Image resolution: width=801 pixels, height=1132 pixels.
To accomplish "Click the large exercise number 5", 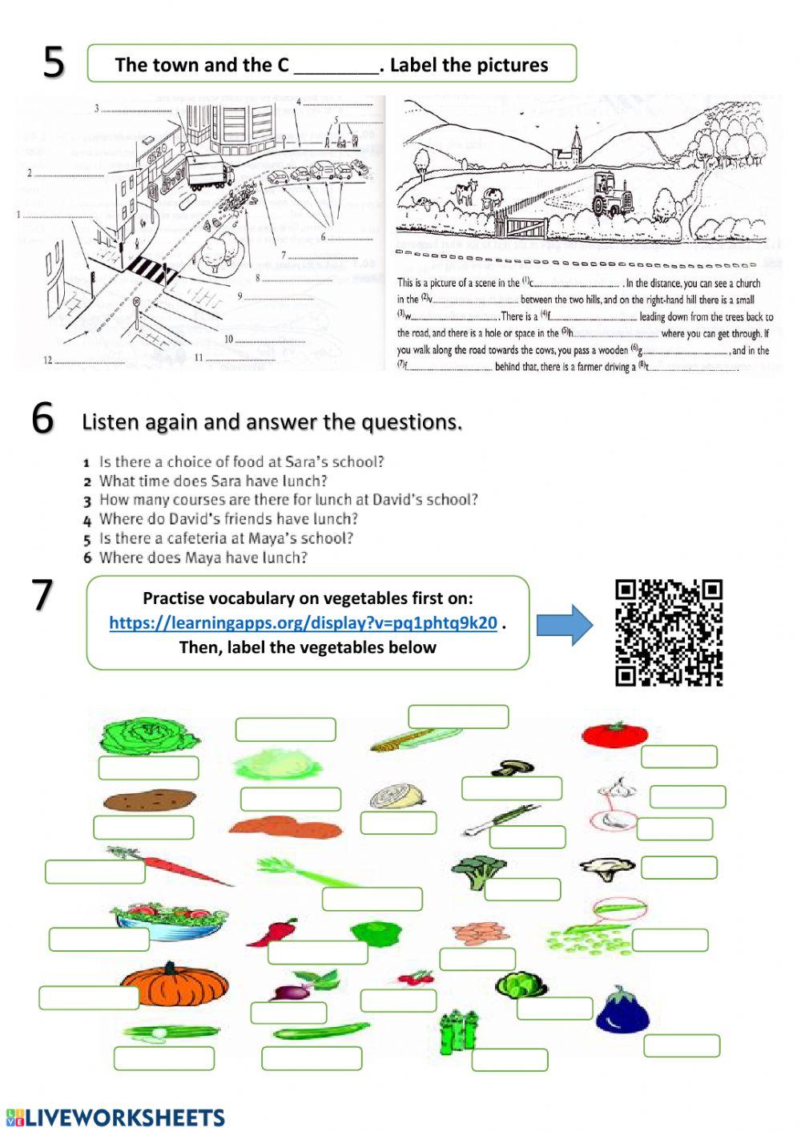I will click(x=54, y=62).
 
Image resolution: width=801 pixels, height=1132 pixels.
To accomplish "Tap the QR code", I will click(x=669, y=633).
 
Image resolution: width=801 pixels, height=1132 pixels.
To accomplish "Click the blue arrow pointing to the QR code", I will click(x=565, y=625).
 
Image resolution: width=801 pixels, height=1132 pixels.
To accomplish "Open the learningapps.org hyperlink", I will click(x=303, y=623).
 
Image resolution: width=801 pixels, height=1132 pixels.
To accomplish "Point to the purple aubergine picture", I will click(x=622, y=1010).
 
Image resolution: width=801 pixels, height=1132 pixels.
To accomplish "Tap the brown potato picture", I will click(x=149, y=800).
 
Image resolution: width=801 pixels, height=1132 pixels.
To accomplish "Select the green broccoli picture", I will click(x=478, y=869).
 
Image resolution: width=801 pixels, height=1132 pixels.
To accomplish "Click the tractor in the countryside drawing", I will click(x=613, y=196).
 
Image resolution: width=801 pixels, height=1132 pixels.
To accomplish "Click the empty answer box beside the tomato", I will click(x=678, y=756).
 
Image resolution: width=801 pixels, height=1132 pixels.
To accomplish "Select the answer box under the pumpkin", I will click(x=89, y=997).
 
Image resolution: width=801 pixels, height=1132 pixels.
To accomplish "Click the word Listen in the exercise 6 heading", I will click(x=108, y=421).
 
